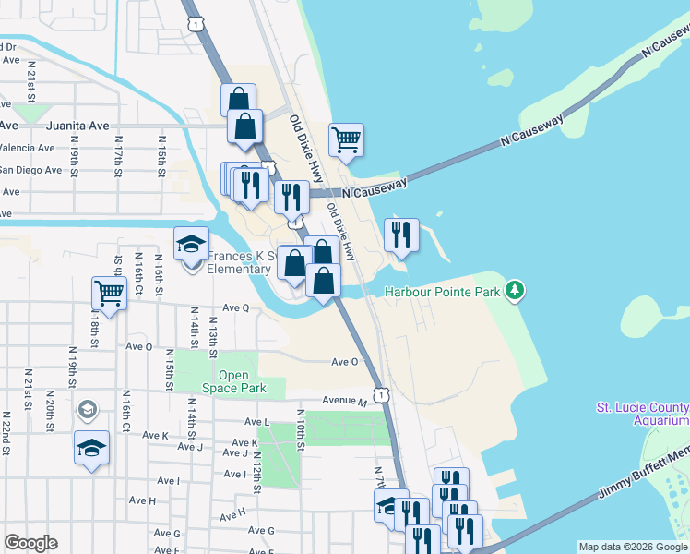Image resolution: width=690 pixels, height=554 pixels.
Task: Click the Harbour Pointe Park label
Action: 442,292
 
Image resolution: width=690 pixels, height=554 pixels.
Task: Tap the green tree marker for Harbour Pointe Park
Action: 515,292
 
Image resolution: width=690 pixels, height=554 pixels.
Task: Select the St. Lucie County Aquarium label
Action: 642,413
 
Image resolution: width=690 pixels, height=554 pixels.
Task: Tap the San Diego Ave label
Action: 30,170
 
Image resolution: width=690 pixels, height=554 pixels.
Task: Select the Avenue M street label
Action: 344,401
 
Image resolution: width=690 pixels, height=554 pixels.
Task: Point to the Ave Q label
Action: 235,307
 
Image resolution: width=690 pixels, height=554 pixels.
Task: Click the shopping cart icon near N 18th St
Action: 109,295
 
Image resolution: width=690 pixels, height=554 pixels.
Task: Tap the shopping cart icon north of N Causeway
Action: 346,140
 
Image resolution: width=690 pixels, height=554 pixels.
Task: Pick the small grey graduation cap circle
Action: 87,408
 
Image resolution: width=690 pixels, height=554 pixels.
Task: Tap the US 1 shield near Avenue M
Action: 383,394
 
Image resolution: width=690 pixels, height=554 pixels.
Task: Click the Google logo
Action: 30,543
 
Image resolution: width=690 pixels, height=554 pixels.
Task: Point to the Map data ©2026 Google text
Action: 632,547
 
